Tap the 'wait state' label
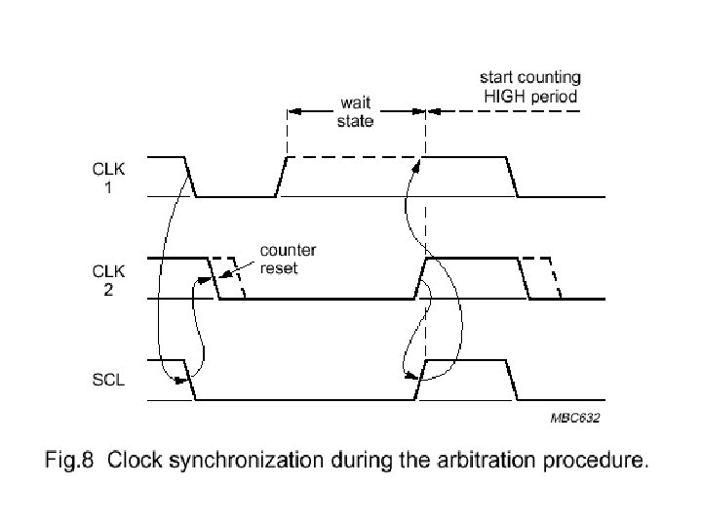point(355,110)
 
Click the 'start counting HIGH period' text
point(530,86)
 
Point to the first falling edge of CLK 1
point(191,177)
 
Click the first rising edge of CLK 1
point(281,177)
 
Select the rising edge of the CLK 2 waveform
point(421,278)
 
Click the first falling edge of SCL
point(191,380)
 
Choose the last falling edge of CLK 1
point(511,177)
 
